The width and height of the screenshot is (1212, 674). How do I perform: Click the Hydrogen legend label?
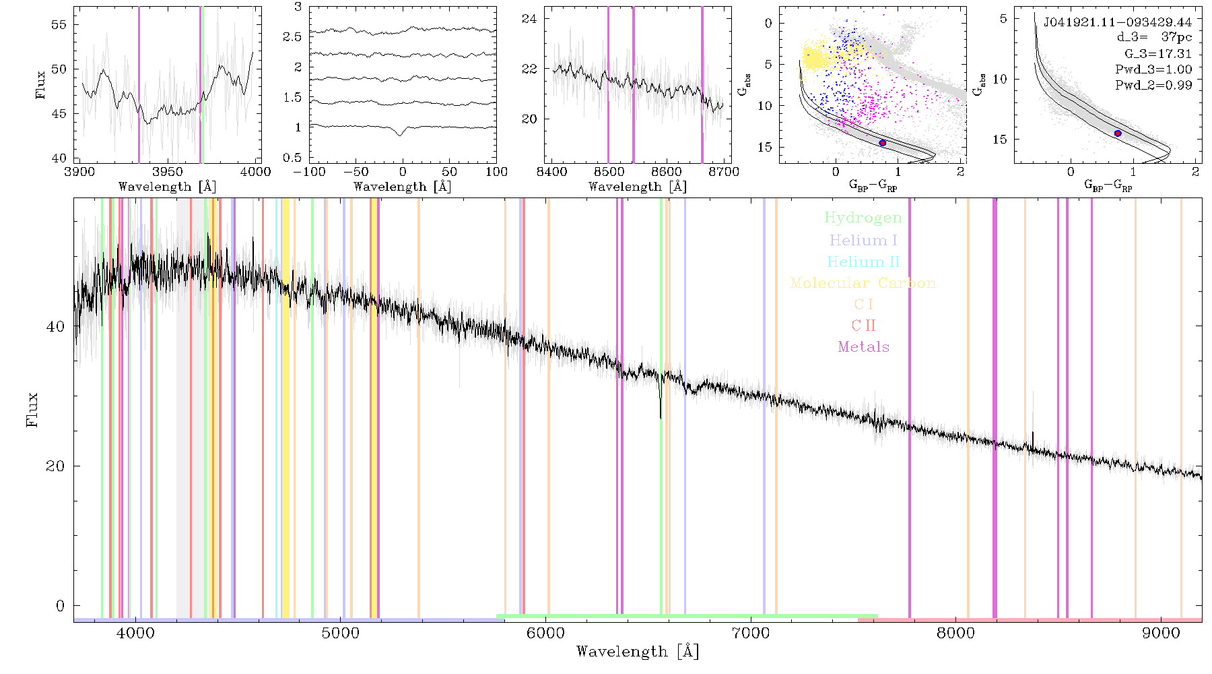[x=863, y=218]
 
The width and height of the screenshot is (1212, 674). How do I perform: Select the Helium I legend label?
[x=863, y=240]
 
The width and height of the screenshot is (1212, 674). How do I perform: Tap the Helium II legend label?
[x=863, y=262]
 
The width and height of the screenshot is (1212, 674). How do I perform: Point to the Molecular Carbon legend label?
[x=863, y=283]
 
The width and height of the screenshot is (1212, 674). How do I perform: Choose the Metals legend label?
[x=864, y=347]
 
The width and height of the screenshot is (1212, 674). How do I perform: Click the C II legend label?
[x=864, y=326]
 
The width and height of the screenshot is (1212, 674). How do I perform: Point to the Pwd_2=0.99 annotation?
[x=1153, y=85]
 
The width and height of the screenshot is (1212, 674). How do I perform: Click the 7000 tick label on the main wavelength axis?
[x=751, y=633]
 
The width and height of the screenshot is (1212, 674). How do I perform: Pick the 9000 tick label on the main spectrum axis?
[x=1161, y=633]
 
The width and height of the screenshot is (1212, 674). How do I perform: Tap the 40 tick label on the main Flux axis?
[x=55, y=326]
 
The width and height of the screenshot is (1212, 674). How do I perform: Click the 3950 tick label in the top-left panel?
[x=168, y=172]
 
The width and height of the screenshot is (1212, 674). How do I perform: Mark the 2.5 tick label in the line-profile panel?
[x=292, y=36]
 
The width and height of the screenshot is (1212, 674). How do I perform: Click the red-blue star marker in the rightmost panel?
[x=1118, y=133]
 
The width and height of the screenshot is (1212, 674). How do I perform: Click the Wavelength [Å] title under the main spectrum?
[x=638, y=652]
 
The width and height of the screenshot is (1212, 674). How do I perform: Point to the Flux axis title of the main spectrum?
[x=32, y=409]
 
